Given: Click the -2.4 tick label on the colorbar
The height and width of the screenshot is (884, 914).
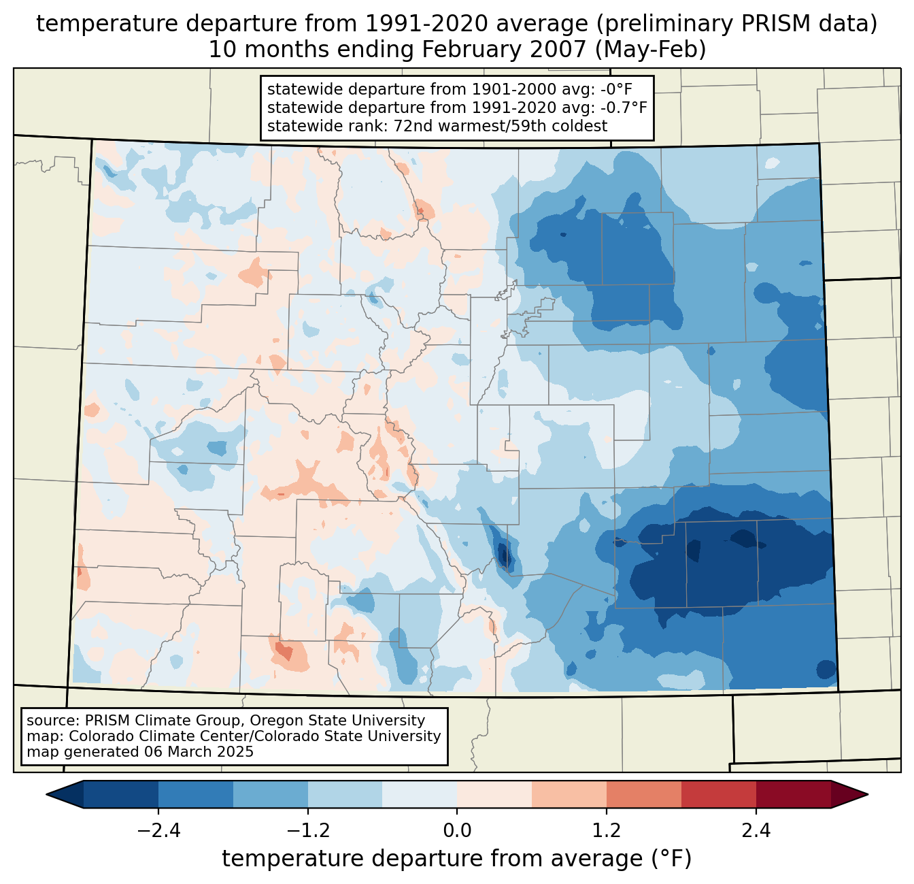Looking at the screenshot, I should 158,831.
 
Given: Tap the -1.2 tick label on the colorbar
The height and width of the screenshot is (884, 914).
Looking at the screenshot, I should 308,831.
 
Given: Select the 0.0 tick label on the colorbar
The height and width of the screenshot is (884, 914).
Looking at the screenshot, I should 457,831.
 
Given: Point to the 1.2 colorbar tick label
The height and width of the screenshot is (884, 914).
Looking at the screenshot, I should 607,831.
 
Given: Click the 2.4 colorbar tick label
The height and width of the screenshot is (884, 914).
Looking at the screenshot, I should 756,831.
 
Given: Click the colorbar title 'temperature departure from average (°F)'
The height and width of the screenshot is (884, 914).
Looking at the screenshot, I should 457,859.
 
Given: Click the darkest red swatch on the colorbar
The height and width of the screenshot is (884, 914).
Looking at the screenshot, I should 793,794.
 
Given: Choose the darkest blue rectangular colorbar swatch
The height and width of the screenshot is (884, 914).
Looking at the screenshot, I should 121,794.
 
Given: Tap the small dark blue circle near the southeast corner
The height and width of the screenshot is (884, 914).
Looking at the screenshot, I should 826,670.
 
